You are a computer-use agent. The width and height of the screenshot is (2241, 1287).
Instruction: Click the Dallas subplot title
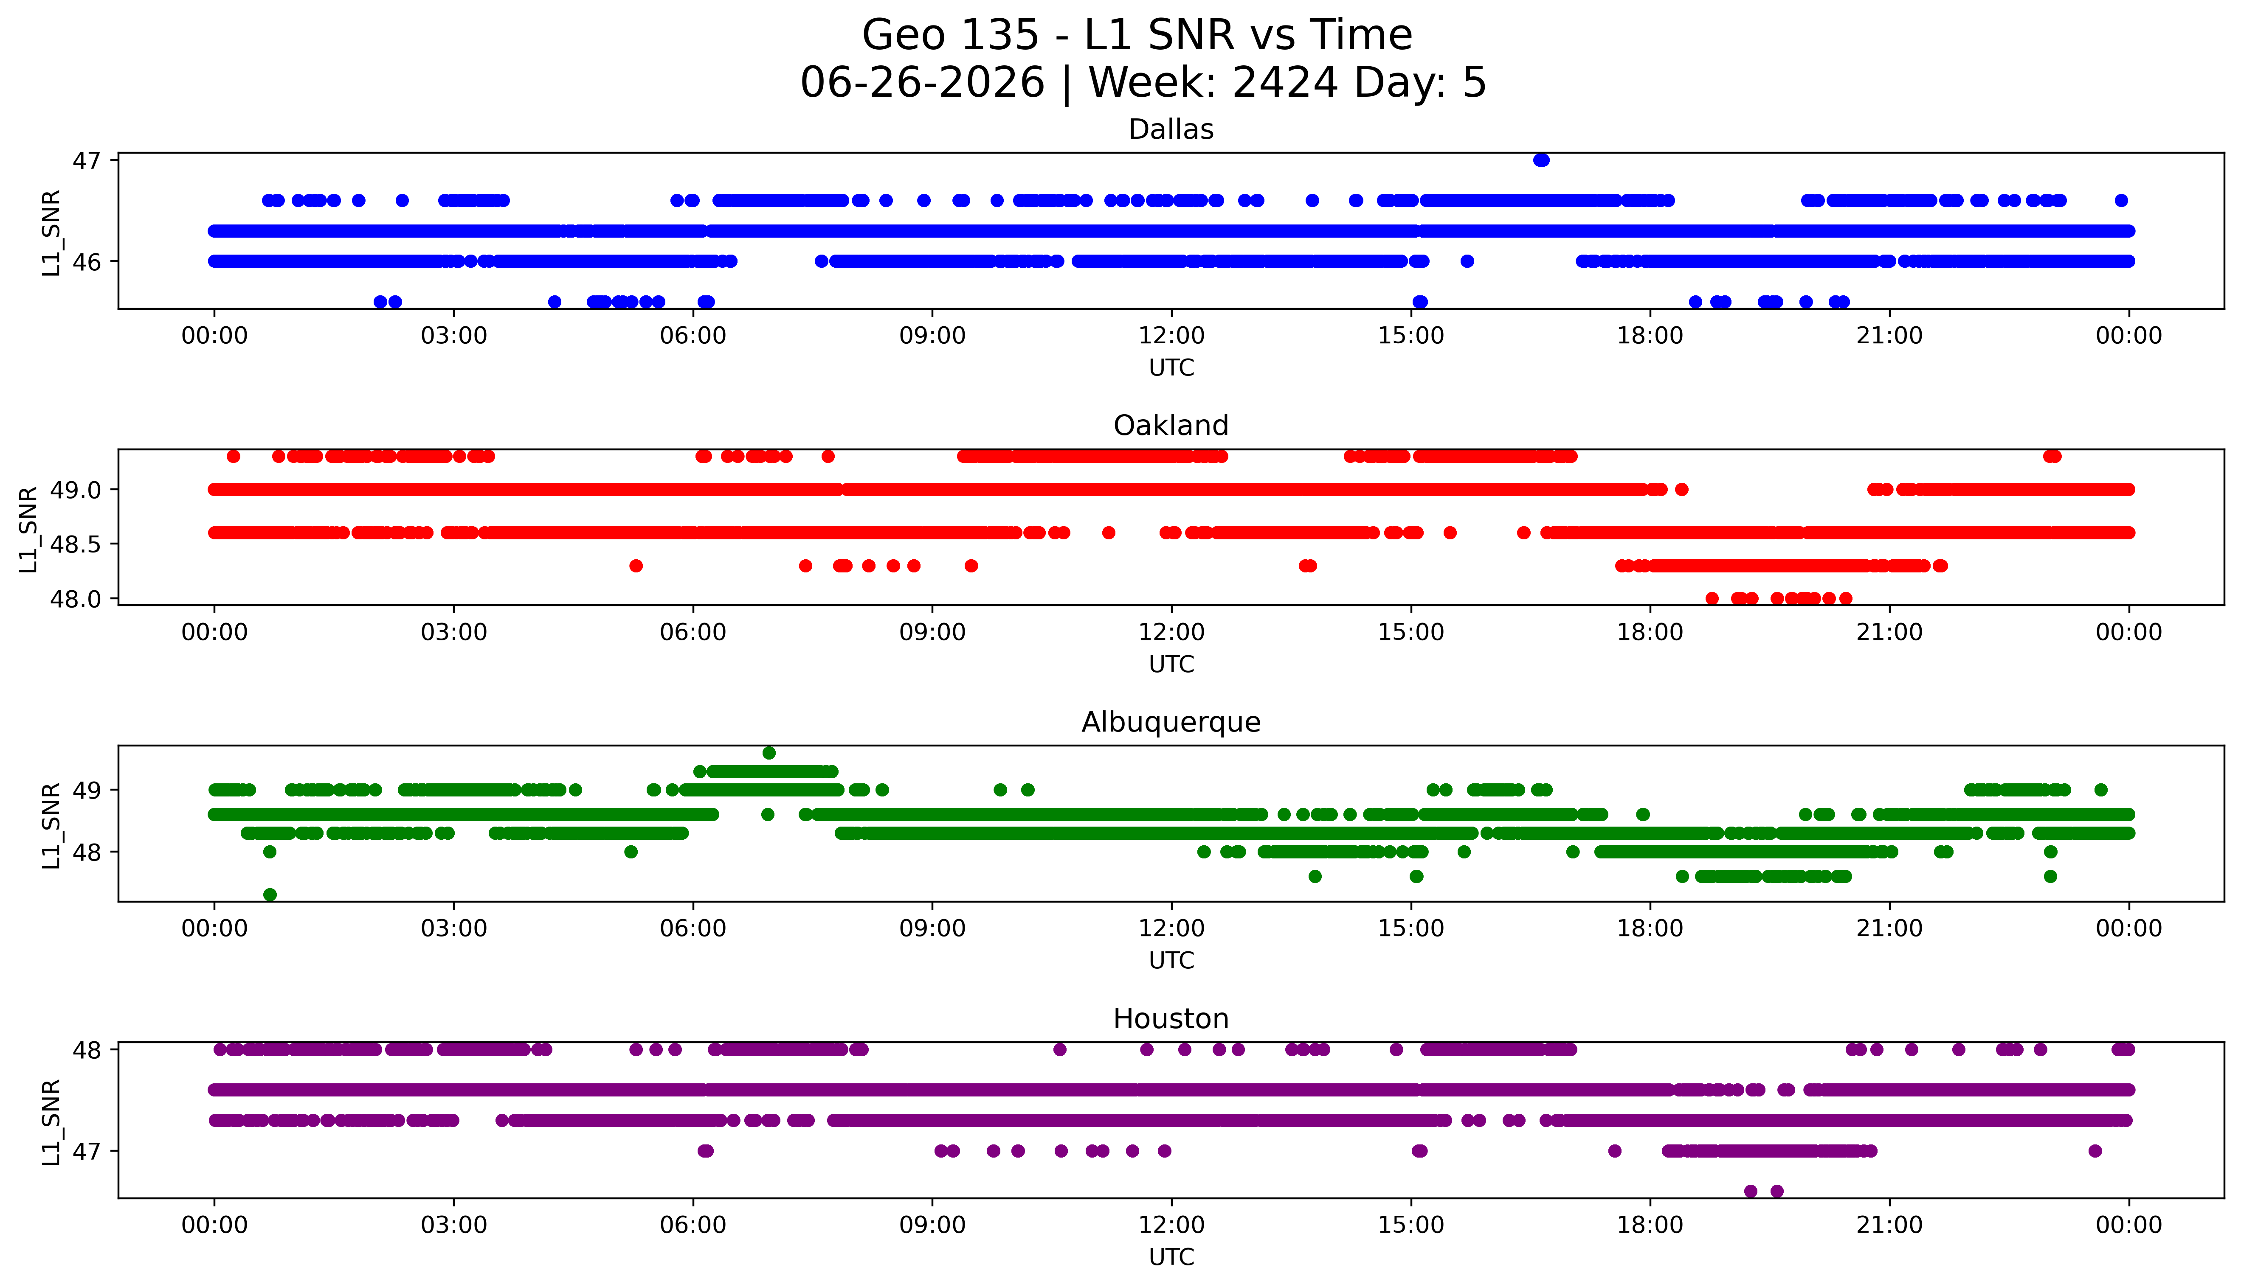[x=1171, y=130]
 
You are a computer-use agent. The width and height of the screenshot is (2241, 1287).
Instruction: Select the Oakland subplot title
[x=1171, y=426]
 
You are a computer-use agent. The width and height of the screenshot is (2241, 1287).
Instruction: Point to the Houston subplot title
[x=1171, y=1019]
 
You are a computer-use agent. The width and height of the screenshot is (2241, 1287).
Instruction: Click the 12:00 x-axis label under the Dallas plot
[x=1171, y=336]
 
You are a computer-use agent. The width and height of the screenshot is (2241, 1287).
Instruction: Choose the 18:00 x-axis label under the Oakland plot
[x=1650, y=633]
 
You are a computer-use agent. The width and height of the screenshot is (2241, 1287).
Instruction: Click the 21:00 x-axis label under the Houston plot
[x=1890, y=1225]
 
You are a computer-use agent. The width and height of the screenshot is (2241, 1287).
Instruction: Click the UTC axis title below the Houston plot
[x=1171, y=1257]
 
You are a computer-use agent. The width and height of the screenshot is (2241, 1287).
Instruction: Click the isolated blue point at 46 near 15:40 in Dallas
[x=1467, y=261]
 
